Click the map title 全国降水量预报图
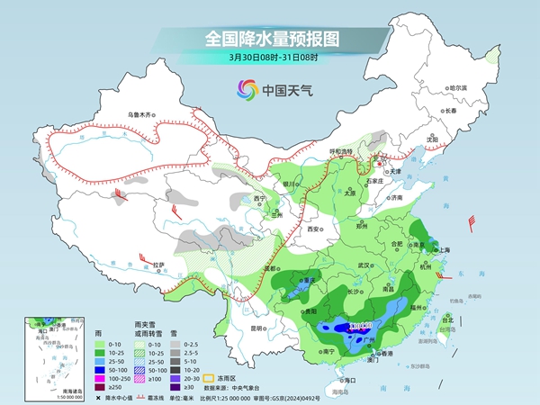[270, 39]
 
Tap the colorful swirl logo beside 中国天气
[246, 90]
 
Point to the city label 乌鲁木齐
[140, 115]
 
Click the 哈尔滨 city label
[459, 87]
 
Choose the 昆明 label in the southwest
[259, 328]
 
